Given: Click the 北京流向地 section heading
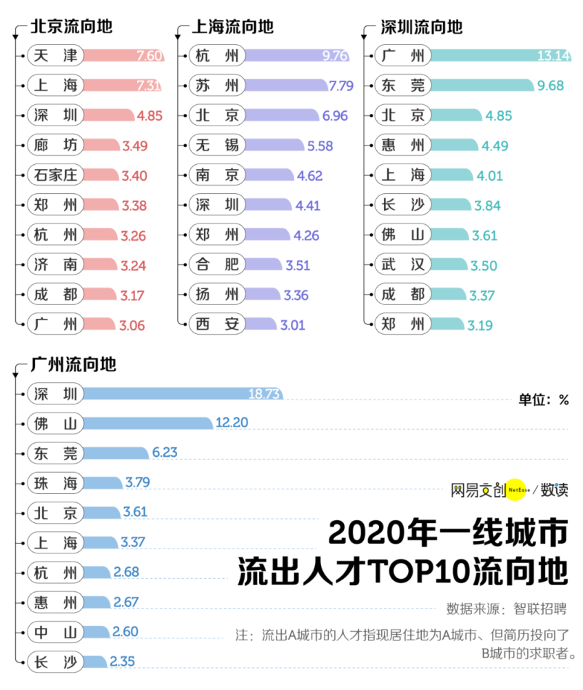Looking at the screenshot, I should (x=71, y=27).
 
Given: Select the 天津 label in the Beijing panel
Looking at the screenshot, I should (x=55, y=55).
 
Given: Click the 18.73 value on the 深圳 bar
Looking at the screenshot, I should (x=264, y=393).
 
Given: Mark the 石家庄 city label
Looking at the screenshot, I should (x=55, y=175).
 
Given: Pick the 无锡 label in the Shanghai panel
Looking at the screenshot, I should (x=216, y=145).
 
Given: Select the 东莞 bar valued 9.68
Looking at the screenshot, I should (x=482, y=86).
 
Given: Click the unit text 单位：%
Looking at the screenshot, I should (x=544, y=400).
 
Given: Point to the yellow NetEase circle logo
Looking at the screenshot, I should (x=516, y=489).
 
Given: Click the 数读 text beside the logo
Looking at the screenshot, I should (x=554, y=489).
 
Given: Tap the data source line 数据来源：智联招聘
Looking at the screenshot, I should (x=506, y=609).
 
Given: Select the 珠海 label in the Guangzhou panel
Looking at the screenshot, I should (x=55, y=482).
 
